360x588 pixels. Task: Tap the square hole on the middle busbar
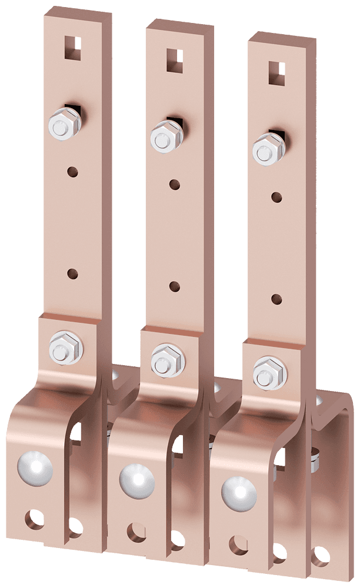[x=174, y=60]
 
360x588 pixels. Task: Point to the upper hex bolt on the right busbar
[x=266, y=149]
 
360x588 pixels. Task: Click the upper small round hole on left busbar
[x=72, y=172]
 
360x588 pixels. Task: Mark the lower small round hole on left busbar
[x=72, y=274]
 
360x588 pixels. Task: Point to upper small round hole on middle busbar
[x=175, y=185]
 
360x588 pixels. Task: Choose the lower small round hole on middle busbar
[x=175, y=287]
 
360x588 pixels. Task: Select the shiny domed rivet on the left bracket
[x=35, y=469]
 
